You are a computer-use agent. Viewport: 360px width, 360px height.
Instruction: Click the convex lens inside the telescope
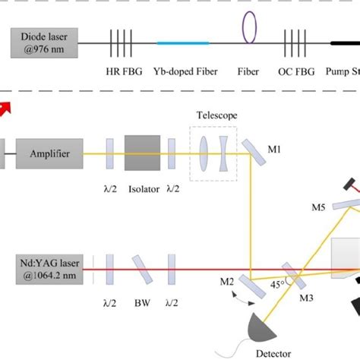tap(206, 153)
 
